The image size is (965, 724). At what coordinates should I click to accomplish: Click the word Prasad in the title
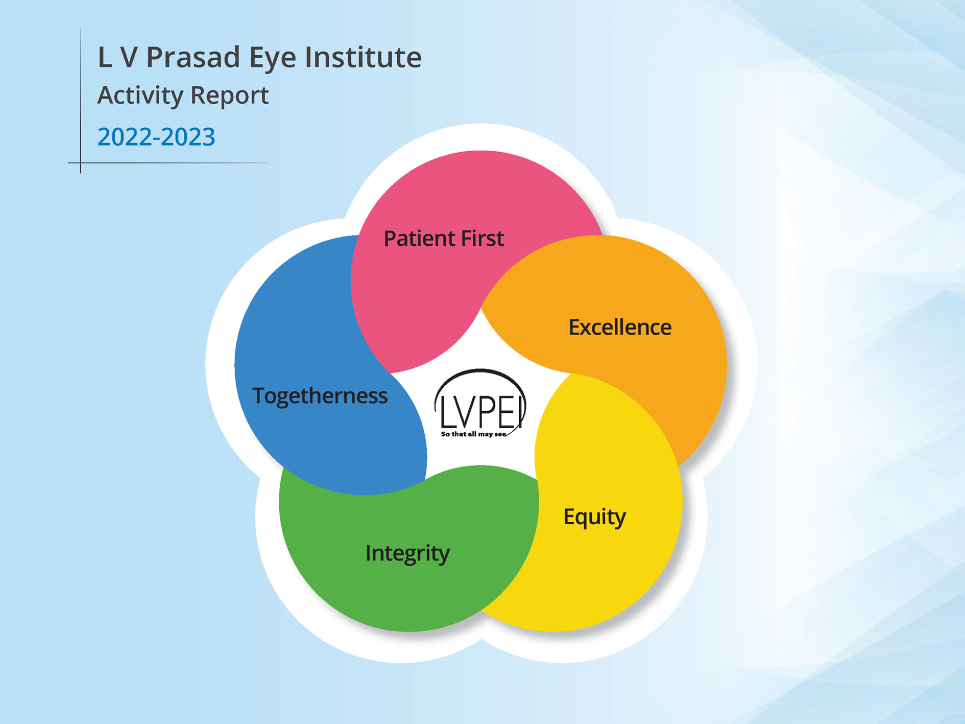193,57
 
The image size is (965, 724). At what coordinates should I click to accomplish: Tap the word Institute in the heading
363,57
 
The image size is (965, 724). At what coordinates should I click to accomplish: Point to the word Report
230,96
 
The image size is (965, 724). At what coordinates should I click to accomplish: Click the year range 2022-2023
156,137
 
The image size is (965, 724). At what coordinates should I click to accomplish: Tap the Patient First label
444,239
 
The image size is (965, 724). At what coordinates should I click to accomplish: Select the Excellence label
620,328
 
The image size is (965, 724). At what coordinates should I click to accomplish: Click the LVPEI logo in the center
479,404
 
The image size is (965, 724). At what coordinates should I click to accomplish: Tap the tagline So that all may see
473,434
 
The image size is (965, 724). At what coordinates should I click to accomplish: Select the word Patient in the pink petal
419,239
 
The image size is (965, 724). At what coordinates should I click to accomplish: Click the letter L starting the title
105,57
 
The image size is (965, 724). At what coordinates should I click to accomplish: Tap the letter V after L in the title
129,57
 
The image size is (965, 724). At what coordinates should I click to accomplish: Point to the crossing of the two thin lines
80,163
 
